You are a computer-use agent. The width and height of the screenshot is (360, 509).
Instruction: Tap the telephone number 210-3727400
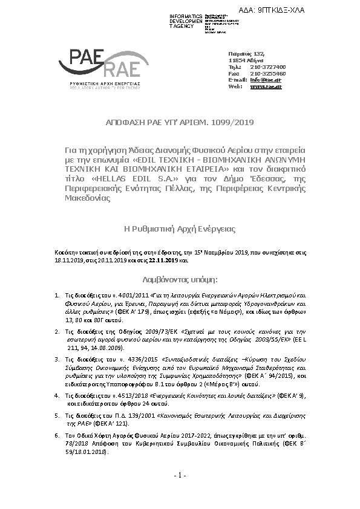[x=268, y=67]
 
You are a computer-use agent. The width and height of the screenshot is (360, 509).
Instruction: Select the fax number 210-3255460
[x=268, y=73]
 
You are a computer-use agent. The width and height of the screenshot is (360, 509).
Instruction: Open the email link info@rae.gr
[x=266, y=80]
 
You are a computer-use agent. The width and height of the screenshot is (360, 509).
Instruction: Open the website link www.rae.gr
[x=266, y=86]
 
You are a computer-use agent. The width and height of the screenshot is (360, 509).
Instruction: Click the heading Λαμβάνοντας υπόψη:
[x=179, y=280]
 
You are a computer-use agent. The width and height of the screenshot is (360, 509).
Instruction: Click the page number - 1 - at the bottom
[x=179, y=476]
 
